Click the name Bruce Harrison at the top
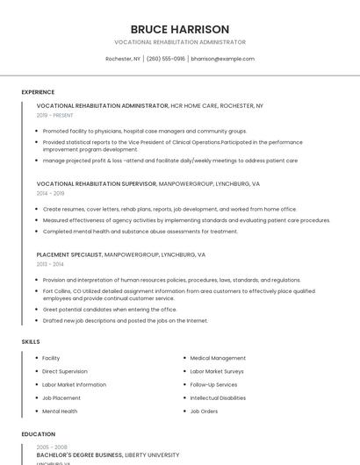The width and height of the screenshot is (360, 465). (x=180, y=29)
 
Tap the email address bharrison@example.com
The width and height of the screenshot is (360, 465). (x=222, y=59)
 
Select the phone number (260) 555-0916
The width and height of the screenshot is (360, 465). (x=166, y=59)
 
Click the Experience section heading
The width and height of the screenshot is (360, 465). (x=38, y=92)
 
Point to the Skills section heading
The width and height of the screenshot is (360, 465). (x=31, y=341)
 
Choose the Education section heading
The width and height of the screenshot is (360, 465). (x=38, y=434)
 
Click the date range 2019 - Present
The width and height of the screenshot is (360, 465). (x=55, y=115)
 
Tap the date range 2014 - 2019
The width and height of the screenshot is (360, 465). (x=50, y=193)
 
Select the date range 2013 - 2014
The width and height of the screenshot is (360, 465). (x=50, y=263)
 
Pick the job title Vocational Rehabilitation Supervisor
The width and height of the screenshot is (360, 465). (x=97, y=184)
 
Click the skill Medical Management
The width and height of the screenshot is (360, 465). (x=218, y=358)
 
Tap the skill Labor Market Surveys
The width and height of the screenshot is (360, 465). (x=217, y=371)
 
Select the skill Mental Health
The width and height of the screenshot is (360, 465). (x=60, y=411)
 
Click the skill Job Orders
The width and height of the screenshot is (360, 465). (x=204, y=411)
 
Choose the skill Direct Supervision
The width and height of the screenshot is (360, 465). (x=65, y=371)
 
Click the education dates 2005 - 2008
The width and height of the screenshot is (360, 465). (x=51, y=447)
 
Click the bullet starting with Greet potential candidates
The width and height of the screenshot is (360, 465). (x=110, y=310)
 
